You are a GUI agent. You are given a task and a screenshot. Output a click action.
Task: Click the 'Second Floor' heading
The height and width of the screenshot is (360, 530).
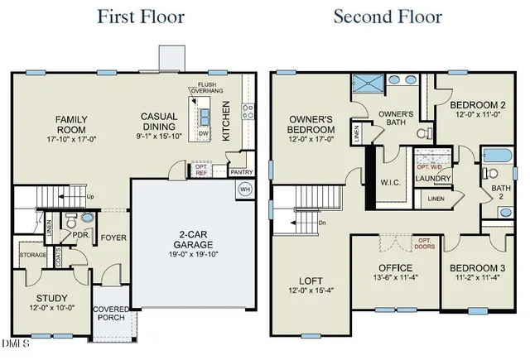click(x=388, y=17)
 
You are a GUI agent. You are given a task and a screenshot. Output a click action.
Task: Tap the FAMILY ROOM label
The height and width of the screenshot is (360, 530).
click(x=71, y=125)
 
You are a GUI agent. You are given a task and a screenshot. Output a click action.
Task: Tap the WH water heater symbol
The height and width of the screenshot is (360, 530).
click(x=244, y=190)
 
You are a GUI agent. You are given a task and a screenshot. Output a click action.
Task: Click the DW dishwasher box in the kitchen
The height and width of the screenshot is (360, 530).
click(x=204, y=133)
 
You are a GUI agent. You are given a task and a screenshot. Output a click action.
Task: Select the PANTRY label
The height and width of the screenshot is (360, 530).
click(x=241, y=171)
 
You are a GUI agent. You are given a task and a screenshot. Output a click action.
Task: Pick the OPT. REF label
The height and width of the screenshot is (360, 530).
click(x=201, y=170)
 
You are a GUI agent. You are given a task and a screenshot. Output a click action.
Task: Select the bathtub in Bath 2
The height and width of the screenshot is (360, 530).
click(x=497, y=156)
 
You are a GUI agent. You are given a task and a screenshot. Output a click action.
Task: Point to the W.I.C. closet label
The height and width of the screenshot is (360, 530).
click(x=390, y=182)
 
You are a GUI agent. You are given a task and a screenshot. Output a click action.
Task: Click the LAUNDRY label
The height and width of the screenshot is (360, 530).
click(x=433, y=178)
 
